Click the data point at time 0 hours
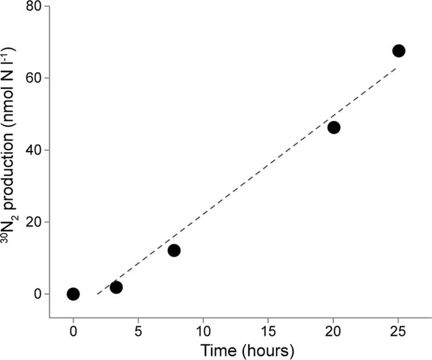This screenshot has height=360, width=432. (x=73, y=294)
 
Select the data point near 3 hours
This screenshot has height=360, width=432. (x=116, y=287)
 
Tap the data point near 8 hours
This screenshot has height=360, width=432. (x=174, y=250)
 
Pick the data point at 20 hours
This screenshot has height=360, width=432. (x=334, y=127)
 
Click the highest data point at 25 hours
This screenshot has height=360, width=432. (x=399, y=50)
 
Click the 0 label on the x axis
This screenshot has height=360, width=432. (x=73, y=331)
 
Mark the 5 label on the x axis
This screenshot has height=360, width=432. (x=138, y=331)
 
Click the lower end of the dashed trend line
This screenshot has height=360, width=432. (x=98, y=293)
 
